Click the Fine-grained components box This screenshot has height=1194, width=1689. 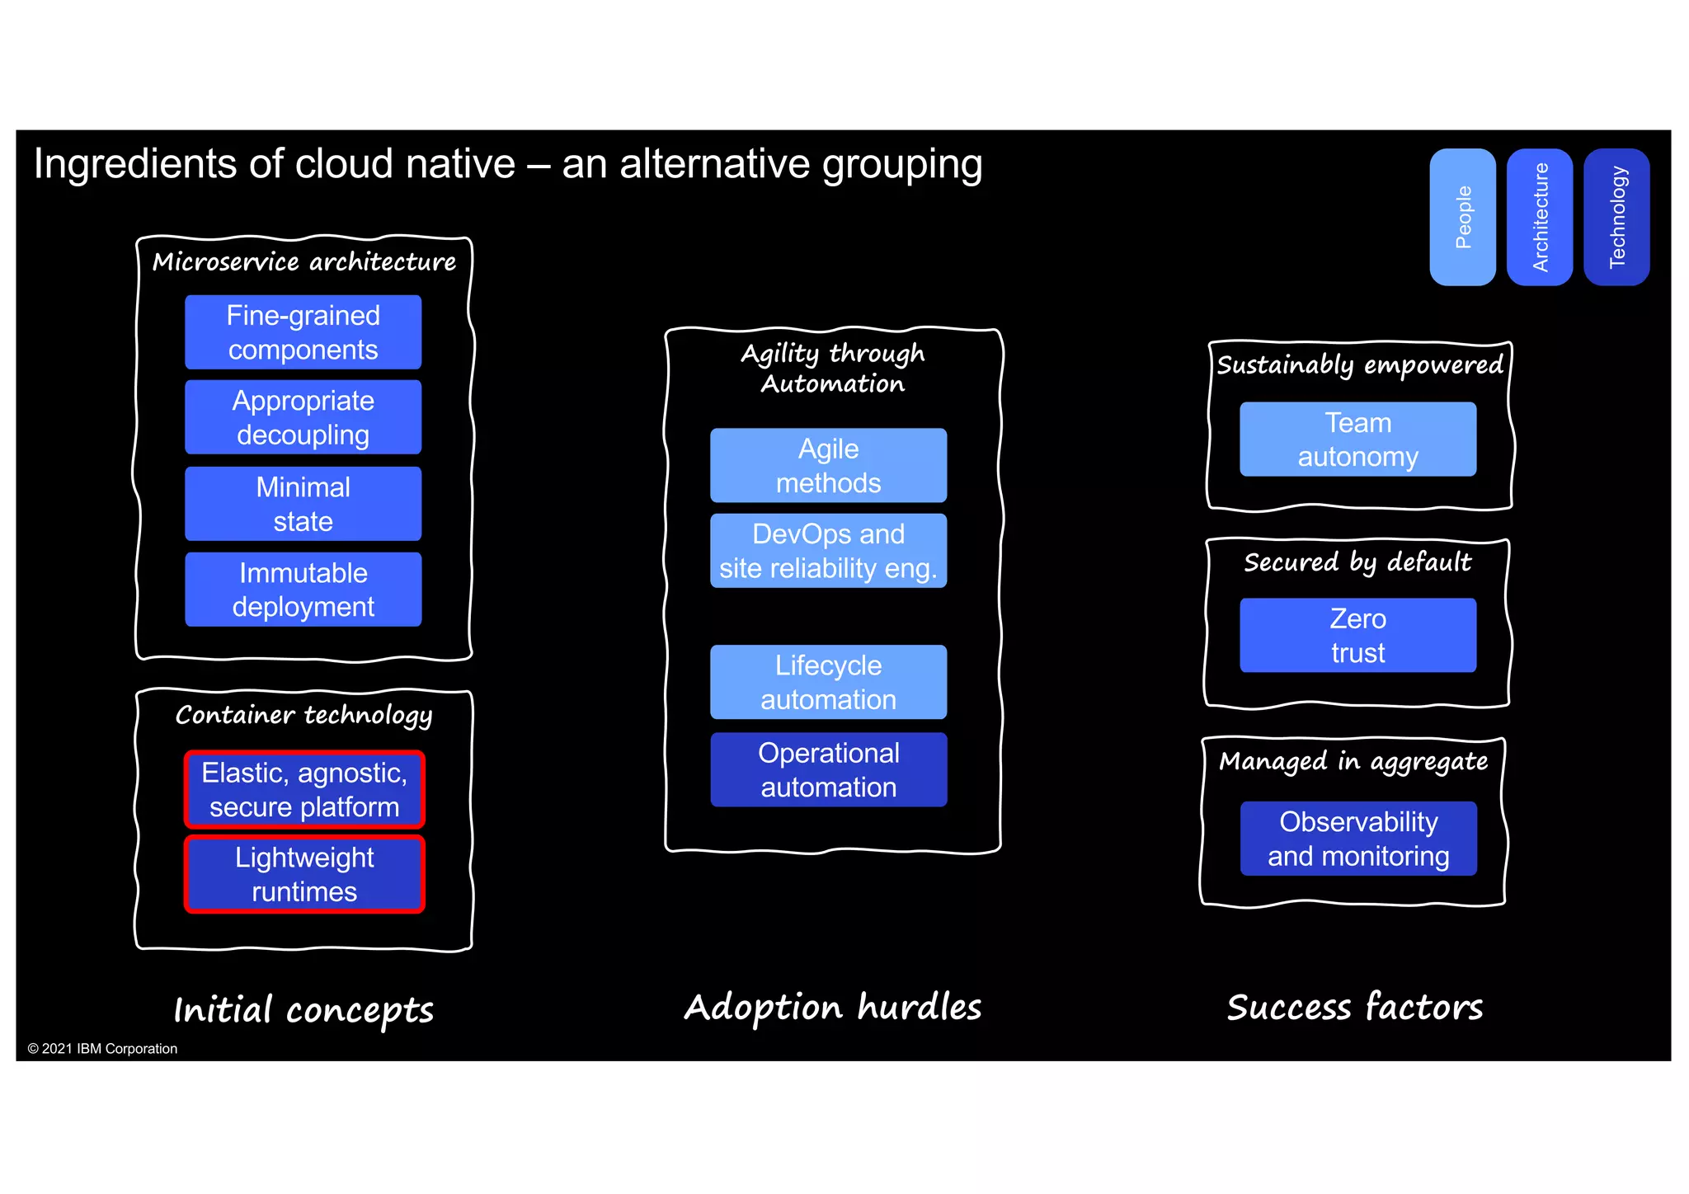(x=303, y=332)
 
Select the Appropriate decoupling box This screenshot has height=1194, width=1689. (x=303, y=417)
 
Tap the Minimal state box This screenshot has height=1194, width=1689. (x=303, y=504)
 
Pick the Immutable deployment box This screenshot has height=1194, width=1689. (x=303, y=590)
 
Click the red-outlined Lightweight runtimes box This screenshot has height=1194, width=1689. (x=304, y=874)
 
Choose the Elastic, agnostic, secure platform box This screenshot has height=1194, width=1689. (x=304, y=789)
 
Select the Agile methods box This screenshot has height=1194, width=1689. (x=828, y=465)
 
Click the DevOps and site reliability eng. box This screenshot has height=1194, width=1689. (x=828, y=551)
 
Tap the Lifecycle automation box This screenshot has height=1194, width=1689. (x=828, y=682)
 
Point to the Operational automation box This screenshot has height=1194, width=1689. (x=828, y=769)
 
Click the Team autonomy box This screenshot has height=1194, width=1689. (x=1357, y=440)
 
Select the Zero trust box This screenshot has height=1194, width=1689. (x=1357, y=635)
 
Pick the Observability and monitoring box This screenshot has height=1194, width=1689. (x=1357, y=839)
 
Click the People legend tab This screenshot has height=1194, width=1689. (x=1462, y=217)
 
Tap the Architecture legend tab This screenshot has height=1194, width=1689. (x=1539, y=217)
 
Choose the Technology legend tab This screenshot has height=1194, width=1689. (x=1616, y=217)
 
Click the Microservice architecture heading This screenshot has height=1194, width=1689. (x=303, y=262)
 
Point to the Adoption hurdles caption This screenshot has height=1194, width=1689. (x=833, y=1008)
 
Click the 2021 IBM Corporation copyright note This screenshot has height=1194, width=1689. (x=102, y=1049)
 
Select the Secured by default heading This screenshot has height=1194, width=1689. (x=1357, y=562)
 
